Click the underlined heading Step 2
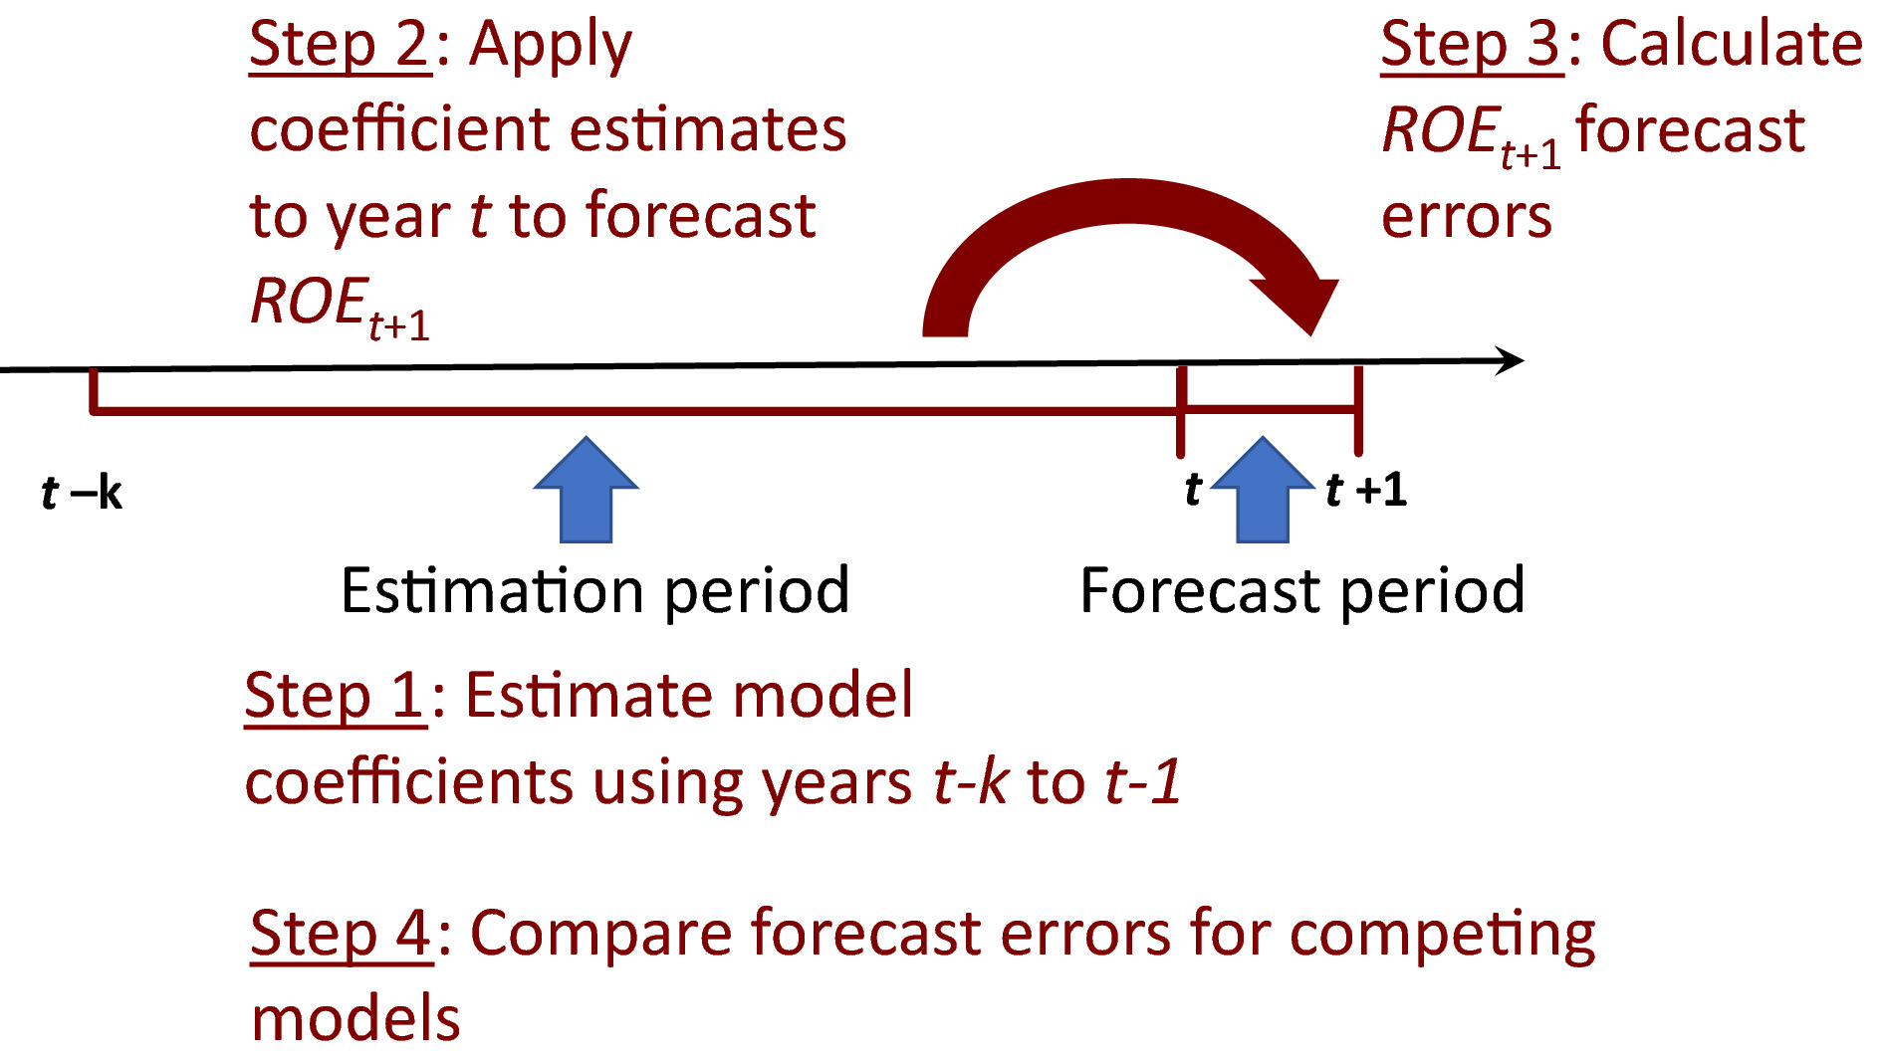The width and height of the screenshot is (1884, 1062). tap(340, 46)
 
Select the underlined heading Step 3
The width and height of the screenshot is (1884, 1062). tap(1471, 46)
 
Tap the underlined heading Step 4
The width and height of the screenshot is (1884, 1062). tap(341, 935)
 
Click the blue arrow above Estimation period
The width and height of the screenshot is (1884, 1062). tap(586, 490)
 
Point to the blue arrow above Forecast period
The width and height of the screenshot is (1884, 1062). tap(1263, 490)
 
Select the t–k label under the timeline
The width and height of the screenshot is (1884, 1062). tap(82, 493)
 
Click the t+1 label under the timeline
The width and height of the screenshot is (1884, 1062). tap(1366, 490)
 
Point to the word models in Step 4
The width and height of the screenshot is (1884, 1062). tap(355, 1019)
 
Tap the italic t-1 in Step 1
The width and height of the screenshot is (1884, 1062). tap(1143, 781)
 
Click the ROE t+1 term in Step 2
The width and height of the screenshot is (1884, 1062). tap(340, 307)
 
